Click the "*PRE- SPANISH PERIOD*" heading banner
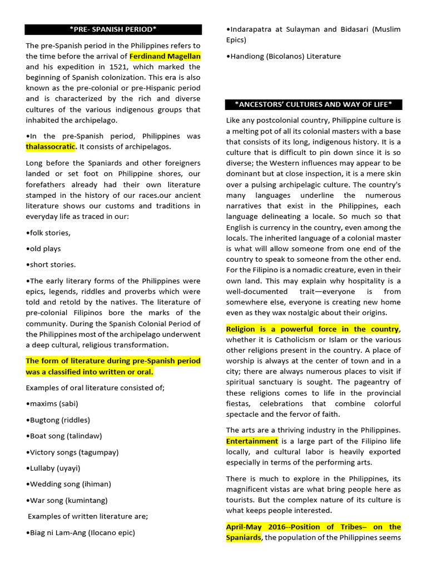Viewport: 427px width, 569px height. pos(113,29)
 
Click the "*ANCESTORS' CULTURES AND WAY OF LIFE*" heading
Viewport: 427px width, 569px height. pos(314,104)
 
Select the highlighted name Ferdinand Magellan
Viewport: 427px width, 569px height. pos(165,56)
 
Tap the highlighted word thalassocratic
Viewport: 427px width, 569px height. pos(50,147)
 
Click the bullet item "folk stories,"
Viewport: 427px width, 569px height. pos(48,232)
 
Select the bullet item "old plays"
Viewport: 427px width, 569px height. pos(43,248)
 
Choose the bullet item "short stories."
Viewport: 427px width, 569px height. pos(51,264)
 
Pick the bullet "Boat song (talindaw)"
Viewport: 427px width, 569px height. pos(64,436)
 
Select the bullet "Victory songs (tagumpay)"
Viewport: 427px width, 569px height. pos(71,452)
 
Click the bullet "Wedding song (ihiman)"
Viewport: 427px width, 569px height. pos(68,484)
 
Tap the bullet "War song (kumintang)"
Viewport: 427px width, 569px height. pos(67,500)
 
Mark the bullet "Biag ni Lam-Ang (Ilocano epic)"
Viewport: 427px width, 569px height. pos(80,532)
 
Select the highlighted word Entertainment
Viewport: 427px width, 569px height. pos(252,441)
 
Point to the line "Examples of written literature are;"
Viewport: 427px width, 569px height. pos(88,516)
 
